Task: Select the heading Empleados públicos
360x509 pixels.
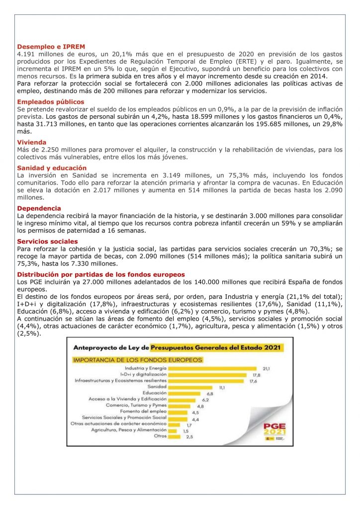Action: (x=51, y=101)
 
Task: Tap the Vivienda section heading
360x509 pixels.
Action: (x=32, y=142)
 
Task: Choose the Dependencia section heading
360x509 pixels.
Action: (x=39, y=208)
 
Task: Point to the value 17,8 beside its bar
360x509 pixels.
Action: (x=257, y=374)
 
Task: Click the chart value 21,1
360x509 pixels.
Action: (x=267, y=368)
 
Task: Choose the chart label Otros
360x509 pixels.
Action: (x=160, y=436)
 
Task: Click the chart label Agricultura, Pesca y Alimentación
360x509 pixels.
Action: (x=128, y=430)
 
